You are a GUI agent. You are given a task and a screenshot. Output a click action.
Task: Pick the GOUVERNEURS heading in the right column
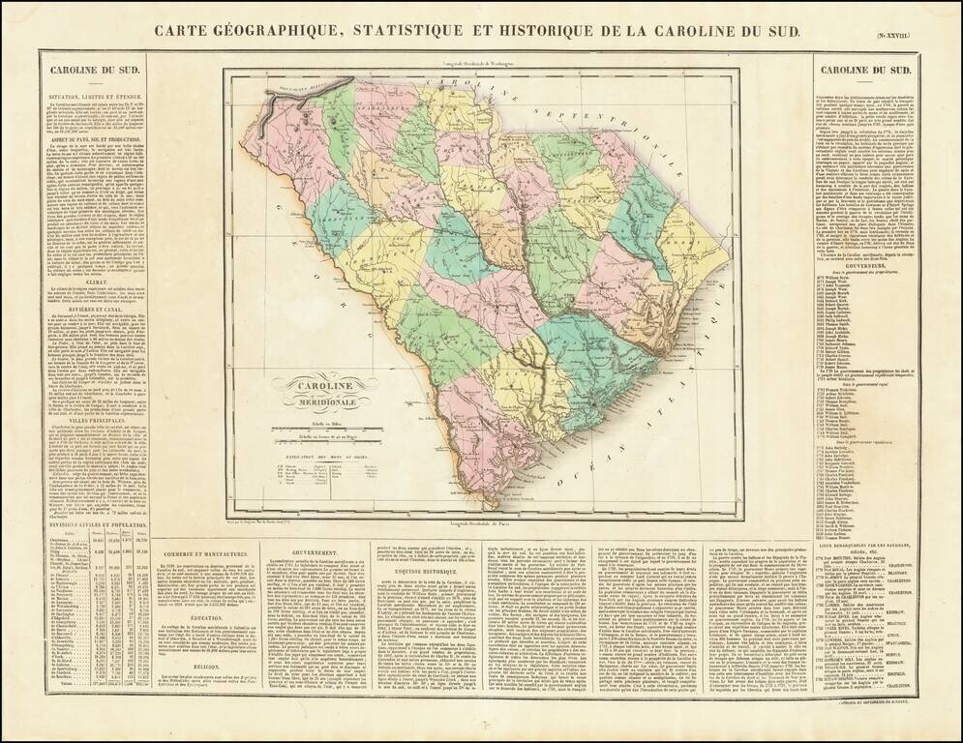[865, 272]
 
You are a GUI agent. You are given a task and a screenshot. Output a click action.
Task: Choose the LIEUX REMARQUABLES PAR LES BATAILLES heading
[865, 547]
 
